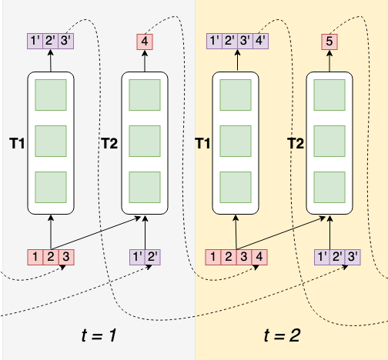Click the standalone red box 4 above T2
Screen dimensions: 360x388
[x=144, y=42]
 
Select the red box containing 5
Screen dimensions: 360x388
[x=329, y=42]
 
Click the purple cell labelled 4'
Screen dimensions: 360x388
[x=260, y=42]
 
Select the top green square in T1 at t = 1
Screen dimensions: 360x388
[x=51, y=95]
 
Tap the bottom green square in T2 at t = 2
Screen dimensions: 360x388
[x=329, y=187]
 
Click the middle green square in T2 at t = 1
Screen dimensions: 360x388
[x=144, y=142]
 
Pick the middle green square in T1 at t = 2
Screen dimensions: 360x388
[x=236, y=142]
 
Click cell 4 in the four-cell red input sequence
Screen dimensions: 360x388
[x=261, y=255]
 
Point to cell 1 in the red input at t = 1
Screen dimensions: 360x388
[x=35, y=255]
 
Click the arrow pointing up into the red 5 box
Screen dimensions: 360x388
[x=329, y=61]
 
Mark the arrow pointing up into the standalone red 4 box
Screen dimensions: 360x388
[x=144, y=61]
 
